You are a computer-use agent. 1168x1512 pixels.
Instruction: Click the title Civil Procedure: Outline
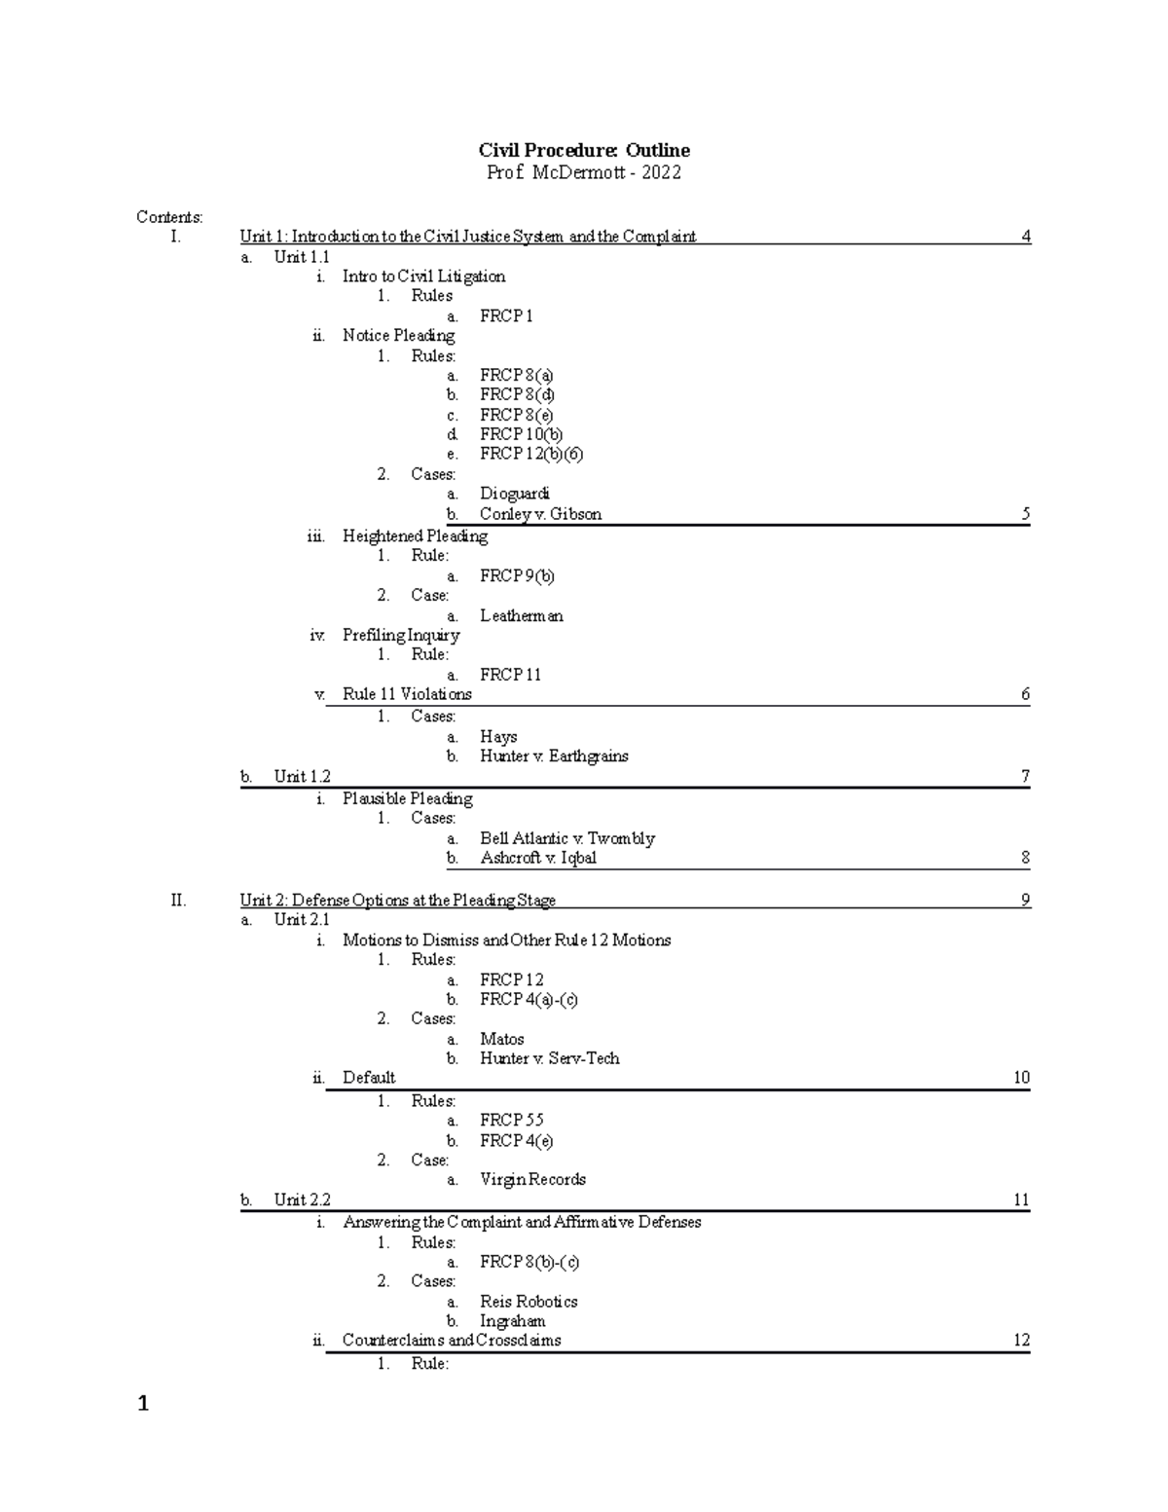click(584, 150)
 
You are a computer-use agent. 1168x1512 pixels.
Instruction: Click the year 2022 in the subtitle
click(661, 173)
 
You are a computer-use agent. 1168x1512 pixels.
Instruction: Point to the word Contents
click(168, 216)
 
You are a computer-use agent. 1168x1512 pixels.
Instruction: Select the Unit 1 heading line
click(467, 237)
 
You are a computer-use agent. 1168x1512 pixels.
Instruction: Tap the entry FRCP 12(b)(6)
click(530, 454)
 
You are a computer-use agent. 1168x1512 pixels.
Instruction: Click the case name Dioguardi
click(514, 494)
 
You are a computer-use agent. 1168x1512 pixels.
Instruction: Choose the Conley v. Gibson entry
click(540, 514)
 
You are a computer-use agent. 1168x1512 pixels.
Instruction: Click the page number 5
click(1025, 514)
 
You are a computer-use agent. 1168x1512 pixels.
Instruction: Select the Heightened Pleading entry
click(415, 535)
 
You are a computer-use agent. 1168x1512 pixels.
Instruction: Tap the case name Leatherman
click(521, 615)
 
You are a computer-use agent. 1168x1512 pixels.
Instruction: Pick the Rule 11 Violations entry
click(407, 694)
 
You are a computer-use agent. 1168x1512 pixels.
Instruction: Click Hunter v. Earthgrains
click(554, 756)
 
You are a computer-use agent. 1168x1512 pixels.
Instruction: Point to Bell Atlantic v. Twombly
click(566, 838)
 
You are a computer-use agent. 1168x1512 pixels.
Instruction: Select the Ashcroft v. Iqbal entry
click(538, 858)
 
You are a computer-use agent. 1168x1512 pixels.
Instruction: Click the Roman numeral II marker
click(178, 900)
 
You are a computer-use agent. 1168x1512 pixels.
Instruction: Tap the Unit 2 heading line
click(397, 901)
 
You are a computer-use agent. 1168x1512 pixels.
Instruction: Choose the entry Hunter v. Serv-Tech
click(549, 1057)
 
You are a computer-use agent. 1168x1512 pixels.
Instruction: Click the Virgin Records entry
click(532, 1179)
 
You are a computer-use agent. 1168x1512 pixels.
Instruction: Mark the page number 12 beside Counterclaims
click(1021, 1340)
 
